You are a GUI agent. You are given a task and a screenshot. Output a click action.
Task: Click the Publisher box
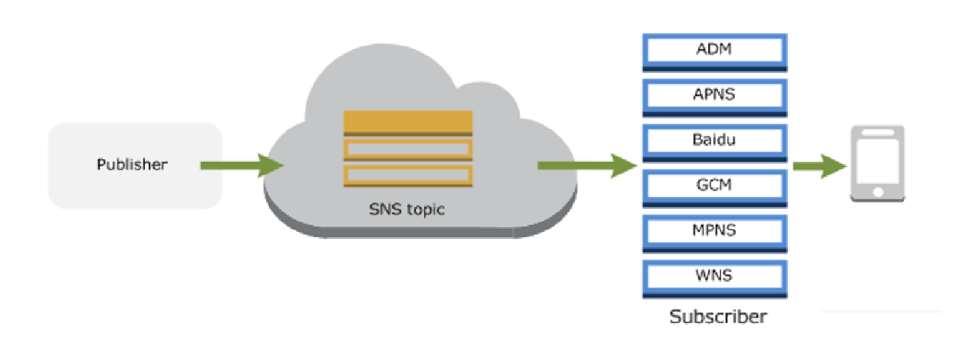[x=135, y=165]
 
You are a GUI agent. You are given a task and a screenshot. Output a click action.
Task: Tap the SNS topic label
[x=406, y=209]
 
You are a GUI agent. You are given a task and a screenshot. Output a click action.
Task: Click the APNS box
[x=714, y=96]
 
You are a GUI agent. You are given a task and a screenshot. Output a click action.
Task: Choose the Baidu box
[x=714, y=140]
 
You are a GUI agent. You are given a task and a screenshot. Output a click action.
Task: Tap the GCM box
[x=714, y=185]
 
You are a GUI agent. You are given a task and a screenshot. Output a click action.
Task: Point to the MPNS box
[x=714, y=230]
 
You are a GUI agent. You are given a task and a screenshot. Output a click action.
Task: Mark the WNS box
[x=714, y=275]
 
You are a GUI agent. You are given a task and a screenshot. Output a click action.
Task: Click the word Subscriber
[x=718, y=316]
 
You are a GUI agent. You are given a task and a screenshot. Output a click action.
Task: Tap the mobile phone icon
[x=878, y=163]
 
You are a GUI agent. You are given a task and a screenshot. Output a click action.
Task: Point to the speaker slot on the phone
[x=878, y=134]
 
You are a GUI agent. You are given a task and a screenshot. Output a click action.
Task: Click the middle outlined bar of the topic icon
[x=407, y=148]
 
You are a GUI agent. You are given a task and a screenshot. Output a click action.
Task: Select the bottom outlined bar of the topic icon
[x=407, y=174]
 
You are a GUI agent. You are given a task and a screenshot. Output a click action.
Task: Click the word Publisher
[x=132, y=164]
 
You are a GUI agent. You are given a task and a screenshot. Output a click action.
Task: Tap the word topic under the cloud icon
[x=424, y=210]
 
